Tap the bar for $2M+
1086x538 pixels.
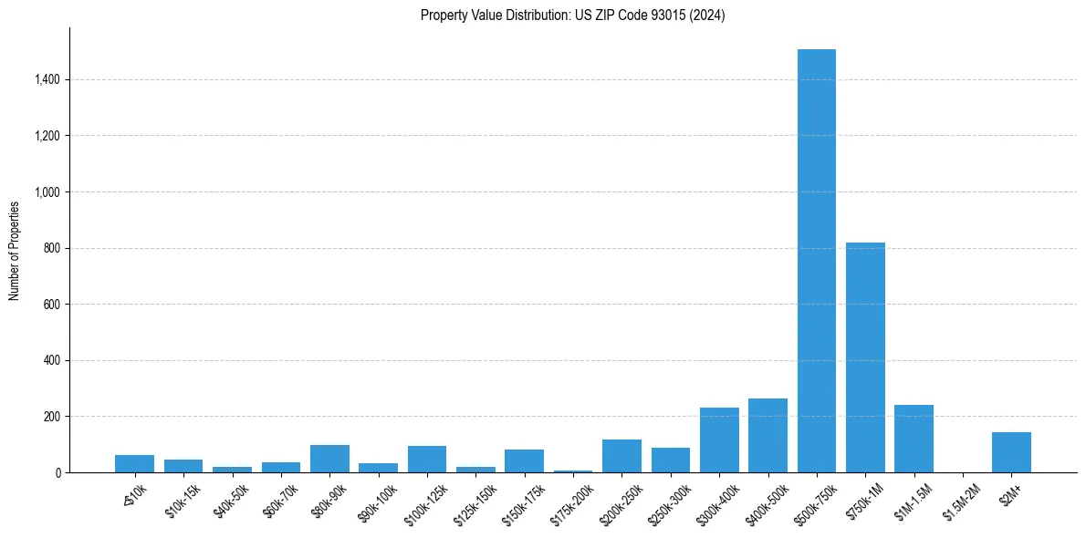coord(1011,452)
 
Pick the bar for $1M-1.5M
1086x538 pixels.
coord(914,439)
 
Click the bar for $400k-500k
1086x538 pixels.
coord(768,436)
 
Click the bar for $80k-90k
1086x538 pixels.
coord(329,459)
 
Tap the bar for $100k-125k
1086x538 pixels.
coord(427,460)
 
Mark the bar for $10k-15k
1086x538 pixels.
coord(183,466)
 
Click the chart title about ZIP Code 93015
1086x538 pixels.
coord(572,16)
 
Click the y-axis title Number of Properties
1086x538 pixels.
coord(15,250)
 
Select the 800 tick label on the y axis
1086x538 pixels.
coord(51,248)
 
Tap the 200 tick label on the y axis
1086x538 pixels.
coord(51,417)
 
